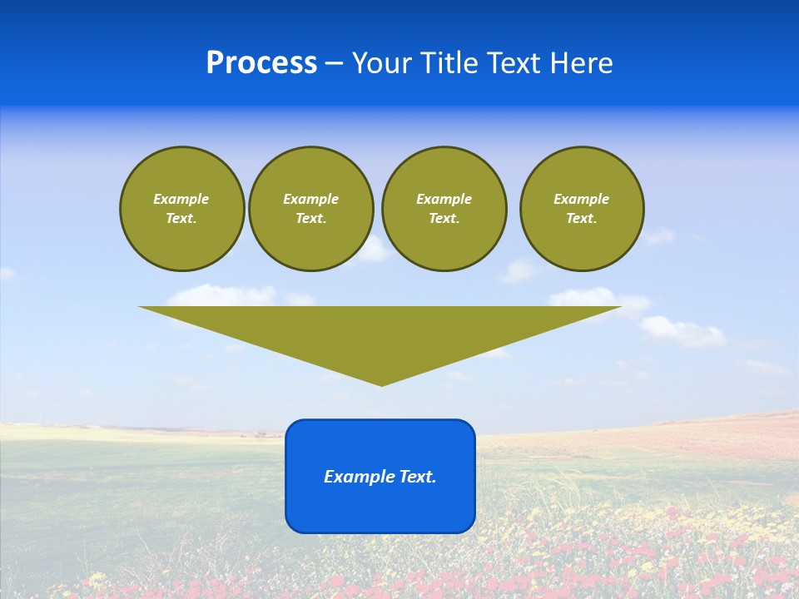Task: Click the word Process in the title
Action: tap(261, 63)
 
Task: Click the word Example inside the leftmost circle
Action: tap(181, 199)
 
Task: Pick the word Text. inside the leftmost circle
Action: tap(181, 218)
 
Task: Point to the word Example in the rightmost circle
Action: tap(582, 199)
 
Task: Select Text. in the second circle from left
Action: tap(310, 218)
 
